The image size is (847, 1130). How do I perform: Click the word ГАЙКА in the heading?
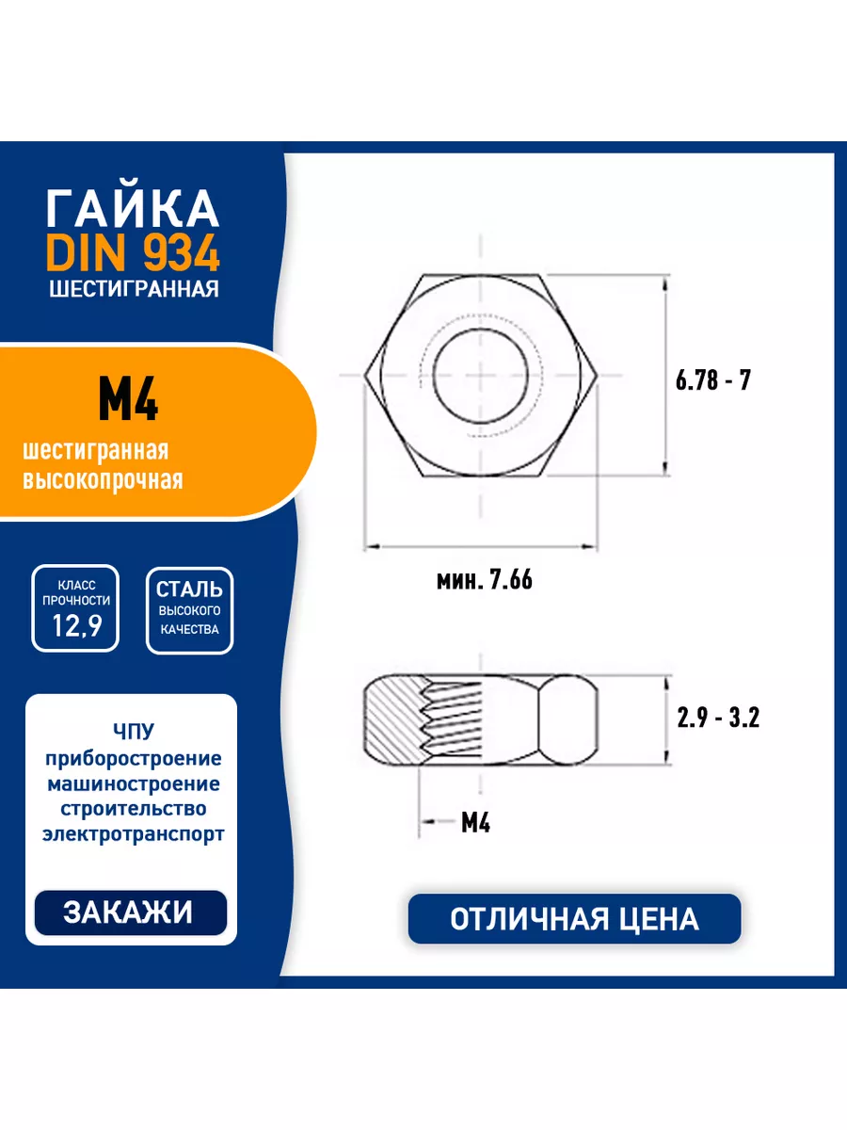[x=134, y=208]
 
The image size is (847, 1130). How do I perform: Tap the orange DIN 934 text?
[x=134, y=253]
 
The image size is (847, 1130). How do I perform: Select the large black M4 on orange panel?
[x=128, y=399]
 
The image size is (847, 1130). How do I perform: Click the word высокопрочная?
[x=103, y=479]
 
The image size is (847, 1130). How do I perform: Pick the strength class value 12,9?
[x=77, y=625]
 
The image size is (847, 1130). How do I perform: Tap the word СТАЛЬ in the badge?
[x=189, y=589]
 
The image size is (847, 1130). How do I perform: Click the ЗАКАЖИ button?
[x=131, y=912]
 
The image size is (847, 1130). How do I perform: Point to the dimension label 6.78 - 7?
[x=712, y=380]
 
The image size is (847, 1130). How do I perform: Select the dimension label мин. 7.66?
[x=485, y=580]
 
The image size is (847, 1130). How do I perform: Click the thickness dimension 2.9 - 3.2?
[x=718, y=718]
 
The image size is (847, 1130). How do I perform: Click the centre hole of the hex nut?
[x=481, y=376]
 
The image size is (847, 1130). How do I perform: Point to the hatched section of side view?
[x=396, y=719]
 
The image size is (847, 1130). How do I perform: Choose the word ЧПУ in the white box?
[x=134, y=731]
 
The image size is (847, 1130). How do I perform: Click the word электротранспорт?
[x=134, y=833]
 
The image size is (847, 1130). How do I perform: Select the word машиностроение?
[x=134, y=783]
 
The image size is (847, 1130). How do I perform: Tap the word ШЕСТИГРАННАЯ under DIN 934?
[x=134, y=288]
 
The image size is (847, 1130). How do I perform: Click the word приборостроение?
[x=134, y=758]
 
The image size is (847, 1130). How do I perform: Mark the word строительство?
[x=134, y=808]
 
